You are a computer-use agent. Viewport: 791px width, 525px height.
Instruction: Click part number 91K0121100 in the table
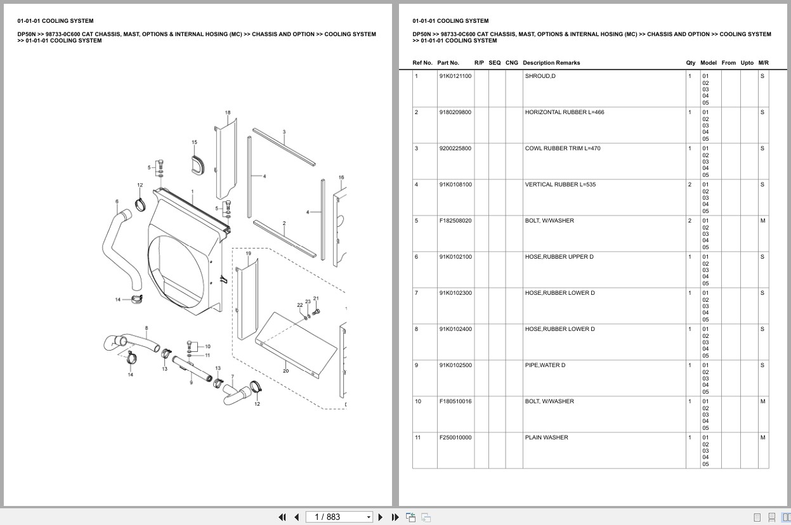455,76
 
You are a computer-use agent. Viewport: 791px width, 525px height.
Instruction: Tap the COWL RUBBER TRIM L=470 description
562,148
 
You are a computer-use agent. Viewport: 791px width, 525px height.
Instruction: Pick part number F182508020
455,221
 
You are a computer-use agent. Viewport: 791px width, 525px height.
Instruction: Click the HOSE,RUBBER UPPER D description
559,257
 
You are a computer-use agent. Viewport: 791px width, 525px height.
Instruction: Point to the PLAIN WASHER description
546,437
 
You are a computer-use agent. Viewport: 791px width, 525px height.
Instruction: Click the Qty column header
690,63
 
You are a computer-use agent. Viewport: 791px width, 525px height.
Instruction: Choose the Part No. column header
448,63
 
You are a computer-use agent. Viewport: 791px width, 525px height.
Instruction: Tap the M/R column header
763,63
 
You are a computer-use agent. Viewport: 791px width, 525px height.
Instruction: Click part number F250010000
455,437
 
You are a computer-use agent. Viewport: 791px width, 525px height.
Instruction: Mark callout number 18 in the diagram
228,113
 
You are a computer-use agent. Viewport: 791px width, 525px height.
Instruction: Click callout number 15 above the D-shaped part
194,143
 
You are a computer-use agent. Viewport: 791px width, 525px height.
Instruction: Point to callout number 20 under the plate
285,371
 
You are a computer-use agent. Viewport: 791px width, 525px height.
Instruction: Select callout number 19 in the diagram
248,254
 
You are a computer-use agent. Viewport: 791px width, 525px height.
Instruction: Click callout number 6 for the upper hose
117,202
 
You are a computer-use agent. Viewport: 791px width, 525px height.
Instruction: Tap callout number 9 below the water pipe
191,382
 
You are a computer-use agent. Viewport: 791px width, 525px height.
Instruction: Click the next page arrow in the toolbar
381,517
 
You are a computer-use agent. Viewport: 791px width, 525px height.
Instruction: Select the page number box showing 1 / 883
339,517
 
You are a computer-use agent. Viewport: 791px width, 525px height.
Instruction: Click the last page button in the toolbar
395,517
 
